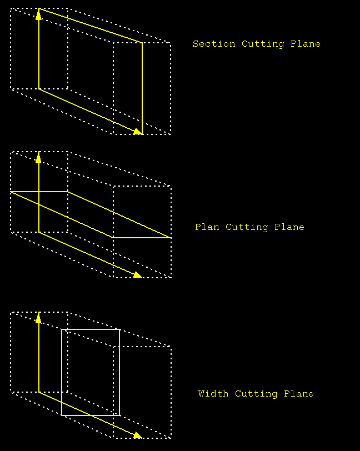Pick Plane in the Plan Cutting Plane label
pos(291,227)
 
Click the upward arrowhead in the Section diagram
pos(38,14)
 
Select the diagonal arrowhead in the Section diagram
pos(138,131)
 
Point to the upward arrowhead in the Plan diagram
pos(38,157)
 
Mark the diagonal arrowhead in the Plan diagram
pos(138,274)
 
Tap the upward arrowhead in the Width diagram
pos(38,317)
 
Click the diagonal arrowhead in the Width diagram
pos(138,434)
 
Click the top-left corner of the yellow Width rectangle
pos(62,329)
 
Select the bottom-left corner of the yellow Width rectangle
pos(62,415)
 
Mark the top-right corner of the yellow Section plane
pos(142,43)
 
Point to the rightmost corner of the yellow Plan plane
pos(171,237)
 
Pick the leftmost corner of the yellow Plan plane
pos(11,192)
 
